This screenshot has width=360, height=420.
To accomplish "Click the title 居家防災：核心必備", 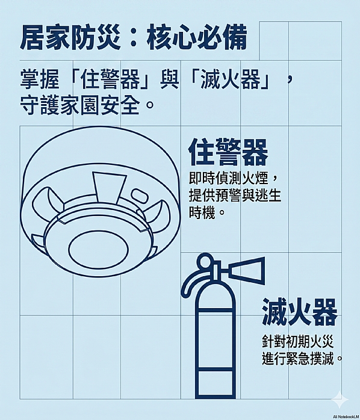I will click(133, 38).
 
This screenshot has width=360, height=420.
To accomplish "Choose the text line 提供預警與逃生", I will click(235, 196).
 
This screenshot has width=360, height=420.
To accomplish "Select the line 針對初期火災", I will click(297, 342).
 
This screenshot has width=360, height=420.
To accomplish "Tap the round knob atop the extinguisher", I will click(206, 261).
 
